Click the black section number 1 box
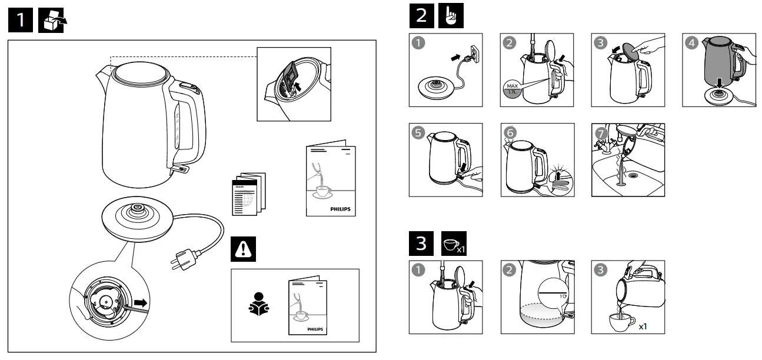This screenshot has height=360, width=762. (x=21, y=21)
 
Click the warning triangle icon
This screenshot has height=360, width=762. (x=242, y=249)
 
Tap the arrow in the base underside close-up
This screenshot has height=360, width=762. (x=139, y=304)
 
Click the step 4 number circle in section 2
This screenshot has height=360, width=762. (x=691, y=42)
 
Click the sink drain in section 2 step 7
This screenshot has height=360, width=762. (x=634, y=175)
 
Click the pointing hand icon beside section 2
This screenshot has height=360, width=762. (x=452, y=16)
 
